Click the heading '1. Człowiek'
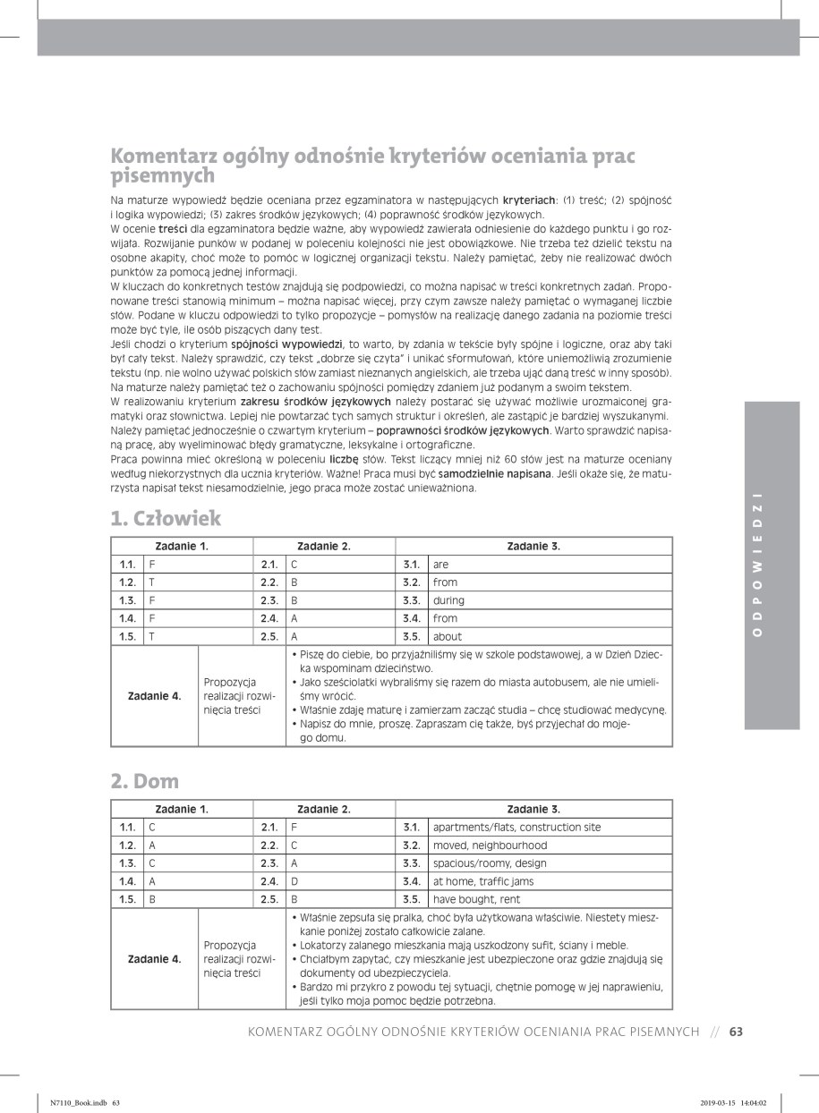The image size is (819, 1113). tap(166, 518)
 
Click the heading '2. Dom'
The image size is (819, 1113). tap(144, 781)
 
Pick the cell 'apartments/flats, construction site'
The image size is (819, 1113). tap(516, 828)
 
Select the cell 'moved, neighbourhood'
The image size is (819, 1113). tap(490, 845)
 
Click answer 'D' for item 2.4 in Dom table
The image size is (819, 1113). tap(294, 881)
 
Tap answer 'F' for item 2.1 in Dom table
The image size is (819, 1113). tap(294, 828)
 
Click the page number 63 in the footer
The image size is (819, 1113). tap(737, 1032)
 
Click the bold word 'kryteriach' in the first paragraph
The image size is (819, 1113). tap(529, 200)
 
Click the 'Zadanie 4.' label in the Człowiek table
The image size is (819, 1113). tap(154, 695)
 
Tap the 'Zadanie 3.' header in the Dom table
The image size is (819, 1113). tap(533, 809)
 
